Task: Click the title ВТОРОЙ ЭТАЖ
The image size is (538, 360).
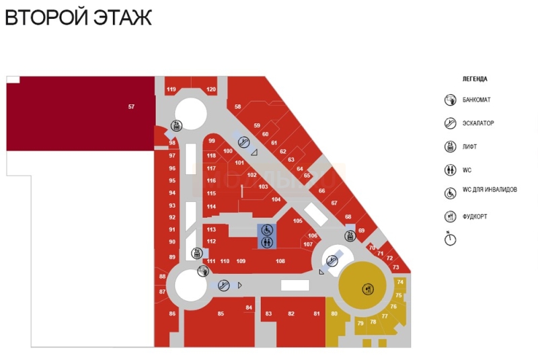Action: point(79,17)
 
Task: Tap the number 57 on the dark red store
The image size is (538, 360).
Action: point(131,106)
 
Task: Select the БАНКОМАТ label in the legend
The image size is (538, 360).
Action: point(477,100)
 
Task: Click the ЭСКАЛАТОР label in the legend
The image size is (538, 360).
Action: point(478,124)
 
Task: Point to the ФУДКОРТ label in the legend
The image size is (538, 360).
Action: point(475,217)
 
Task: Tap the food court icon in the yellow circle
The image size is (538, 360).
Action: point(367,289)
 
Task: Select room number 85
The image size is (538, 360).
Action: point(221,314)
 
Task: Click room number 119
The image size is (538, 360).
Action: point(171,89)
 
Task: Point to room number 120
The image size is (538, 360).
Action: point(211,89)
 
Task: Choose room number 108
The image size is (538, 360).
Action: point(280,261)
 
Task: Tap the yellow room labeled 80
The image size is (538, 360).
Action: point(334,314)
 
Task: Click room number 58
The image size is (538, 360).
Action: point(238,107)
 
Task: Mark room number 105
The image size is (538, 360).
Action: point(298,221)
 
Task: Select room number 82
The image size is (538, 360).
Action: point(291,314)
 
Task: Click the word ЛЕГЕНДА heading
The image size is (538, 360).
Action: point(475,79)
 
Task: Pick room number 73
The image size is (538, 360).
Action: point(395,268)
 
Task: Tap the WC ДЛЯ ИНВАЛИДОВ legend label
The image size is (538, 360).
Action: point(490,190)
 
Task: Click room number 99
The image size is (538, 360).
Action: point(212,141)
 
